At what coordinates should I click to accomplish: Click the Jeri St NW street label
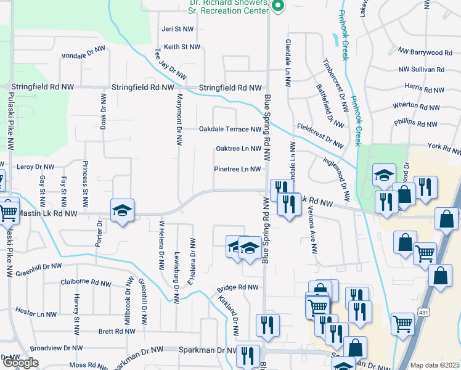pyautogui.click(x=177, y=29)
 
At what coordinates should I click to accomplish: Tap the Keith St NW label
pyautogui.click(x=182, y=47)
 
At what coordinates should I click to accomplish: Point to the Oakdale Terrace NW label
pyautogui.click(x=230, y=129)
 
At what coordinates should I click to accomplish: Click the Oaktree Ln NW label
pyautogui.click(x=239, y=149)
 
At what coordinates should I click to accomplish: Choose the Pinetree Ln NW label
pyautogui.click(x=237, y=169)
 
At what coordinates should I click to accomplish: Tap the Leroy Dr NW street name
pyautogui.click(x=35, y=167)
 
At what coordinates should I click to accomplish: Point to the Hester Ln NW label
pyautogui.click(x=36, y=313)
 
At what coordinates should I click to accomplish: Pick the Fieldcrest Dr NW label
pyautogui.click(x=319, y=134)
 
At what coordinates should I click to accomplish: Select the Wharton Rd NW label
pyautogui.click(x=415, y=105)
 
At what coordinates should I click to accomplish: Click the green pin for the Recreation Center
pyautogui.click(x=278, y=7)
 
